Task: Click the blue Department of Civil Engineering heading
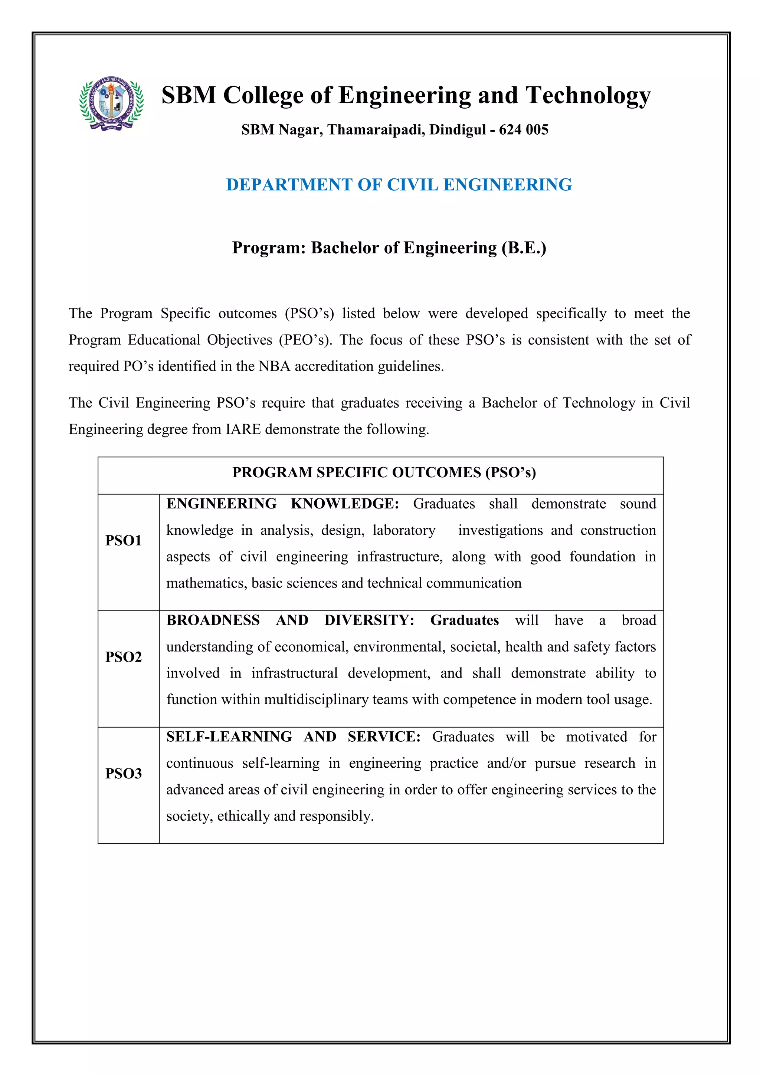(399, 185)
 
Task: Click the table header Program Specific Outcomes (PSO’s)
(384, 472)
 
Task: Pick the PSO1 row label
(123, 541)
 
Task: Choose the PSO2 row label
(123, 657)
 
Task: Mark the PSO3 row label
(123, 774)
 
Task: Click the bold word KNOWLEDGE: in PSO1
(344, 504)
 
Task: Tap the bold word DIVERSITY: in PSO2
(369, 620)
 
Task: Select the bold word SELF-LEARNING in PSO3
(229, 737)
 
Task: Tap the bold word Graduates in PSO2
(464, 620)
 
